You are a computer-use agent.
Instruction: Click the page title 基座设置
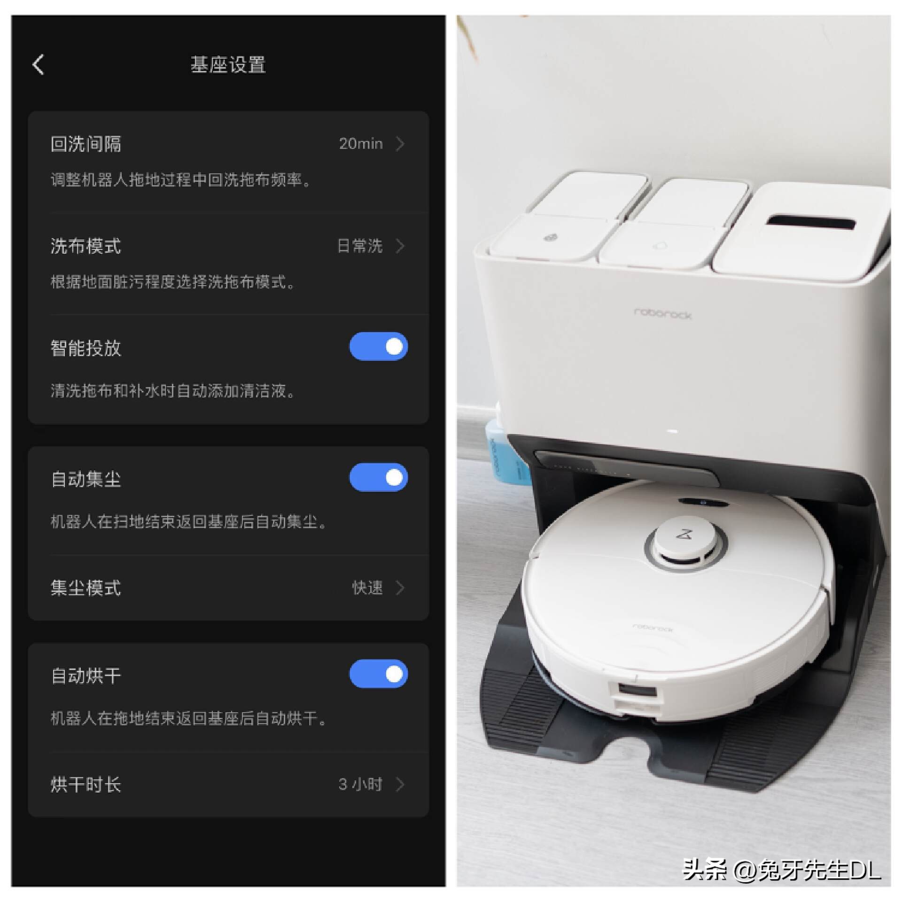pos(228,65)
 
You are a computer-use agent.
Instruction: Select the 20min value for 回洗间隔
pos(361,143)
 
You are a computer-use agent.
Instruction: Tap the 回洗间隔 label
pos(86,144)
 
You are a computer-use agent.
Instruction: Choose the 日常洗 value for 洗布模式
pos(360,246)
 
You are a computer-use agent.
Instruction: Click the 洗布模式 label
pos(86,246)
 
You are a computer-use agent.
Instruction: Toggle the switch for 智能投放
pos(378,347)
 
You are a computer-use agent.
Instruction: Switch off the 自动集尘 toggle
pos(378,477)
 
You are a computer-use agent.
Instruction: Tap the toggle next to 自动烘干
pos(378,674)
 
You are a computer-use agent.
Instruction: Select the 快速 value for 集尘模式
pos(367,588)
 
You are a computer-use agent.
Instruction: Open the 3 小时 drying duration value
pos(360,784)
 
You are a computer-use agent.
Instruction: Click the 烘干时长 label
pos(86,785)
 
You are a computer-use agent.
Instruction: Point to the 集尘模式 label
pos(86,588)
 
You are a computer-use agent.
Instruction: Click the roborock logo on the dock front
pos(662,313)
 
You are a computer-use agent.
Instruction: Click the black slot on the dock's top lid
pos(810,222)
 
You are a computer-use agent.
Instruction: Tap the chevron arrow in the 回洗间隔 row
pos(400,144)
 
